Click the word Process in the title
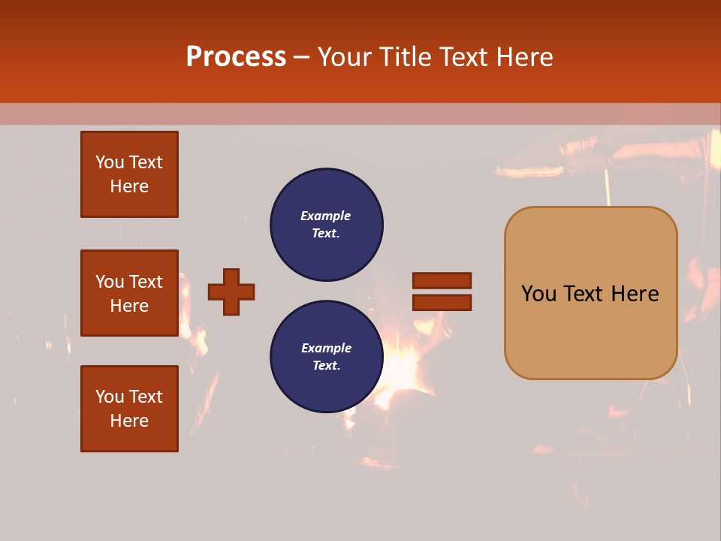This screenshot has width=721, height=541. pos(236,57)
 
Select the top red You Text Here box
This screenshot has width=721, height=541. pos(129,174)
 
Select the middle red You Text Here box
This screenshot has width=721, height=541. pos(129,293)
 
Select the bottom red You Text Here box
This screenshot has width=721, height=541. pos(129,409)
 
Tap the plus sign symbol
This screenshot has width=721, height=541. pos(231,292)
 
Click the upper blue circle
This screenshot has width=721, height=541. pos(326,225)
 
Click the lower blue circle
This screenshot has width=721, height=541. pos(326,357)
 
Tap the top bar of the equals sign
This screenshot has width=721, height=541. pos(442,281)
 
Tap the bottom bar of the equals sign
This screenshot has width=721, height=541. pos(442,303)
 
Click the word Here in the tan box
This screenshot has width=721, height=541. pos(635,294)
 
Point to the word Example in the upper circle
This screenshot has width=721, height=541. pos(325,216)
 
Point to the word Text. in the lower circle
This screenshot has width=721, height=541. pos(326,366)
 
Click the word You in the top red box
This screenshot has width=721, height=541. pos(110,162)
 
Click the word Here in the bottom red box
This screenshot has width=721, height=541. pos(129,421)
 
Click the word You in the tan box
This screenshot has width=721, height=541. pos(539,294)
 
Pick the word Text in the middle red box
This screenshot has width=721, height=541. pos(145,282)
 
